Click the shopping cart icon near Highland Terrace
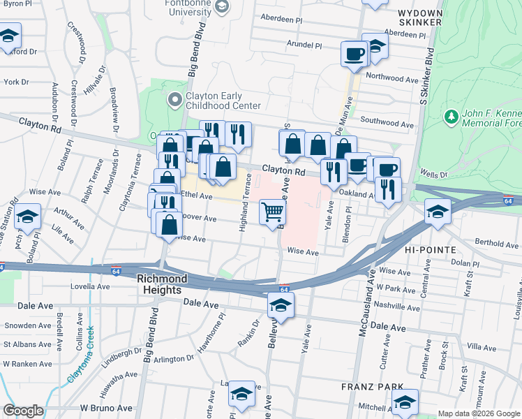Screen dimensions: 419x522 point(272,212)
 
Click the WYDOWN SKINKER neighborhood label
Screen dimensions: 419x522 point(420,17)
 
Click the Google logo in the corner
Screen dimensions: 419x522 point(23,411)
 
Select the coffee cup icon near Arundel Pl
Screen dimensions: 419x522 point(354,53)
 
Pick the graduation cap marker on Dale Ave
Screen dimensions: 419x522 point(280,304)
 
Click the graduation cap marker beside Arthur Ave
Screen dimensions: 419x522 point(28,216)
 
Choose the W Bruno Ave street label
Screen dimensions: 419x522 point(105,407)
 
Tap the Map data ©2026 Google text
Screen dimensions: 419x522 point(478,413)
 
